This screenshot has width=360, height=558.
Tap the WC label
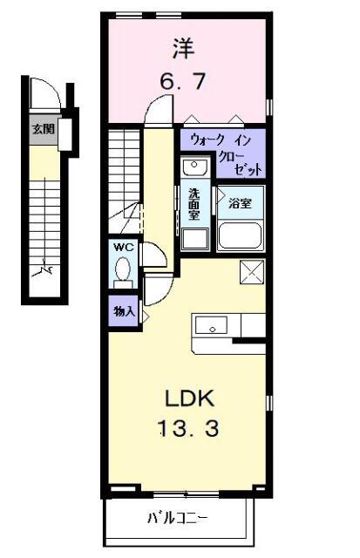tap(123, 247)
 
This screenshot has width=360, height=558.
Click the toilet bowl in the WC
tap(124, 269)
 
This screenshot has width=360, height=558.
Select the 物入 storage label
tap(123, 310)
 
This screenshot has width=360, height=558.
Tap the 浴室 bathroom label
tap(240, 203)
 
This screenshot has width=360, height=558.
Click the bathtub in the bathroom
tap(241, 235)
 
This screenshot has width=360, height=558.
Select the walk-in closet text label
tap(222, 152)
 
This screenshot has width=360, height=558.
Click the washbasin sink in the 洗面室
tap(194, 167)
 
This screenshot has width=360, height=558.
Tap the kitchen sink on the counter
tap(210, 326)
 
